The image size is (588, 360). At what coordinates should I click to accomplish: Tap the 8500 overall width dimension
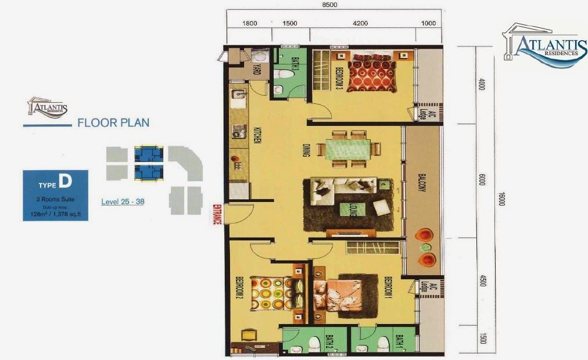click(330, 5)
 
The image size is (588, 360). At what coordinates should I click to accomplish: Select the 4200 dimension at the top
click(360, 24)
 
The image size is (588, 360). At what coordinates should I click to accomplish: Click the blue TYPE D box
click(55, 195)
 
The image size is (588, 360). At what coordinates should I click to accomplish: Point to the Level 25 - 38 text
click(124, 202)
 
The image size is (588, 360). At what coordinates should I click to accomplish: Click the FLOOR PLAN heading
click(113, 123)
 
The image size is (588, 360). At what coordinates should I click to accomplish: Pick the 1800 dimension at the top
click(250, 24)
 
